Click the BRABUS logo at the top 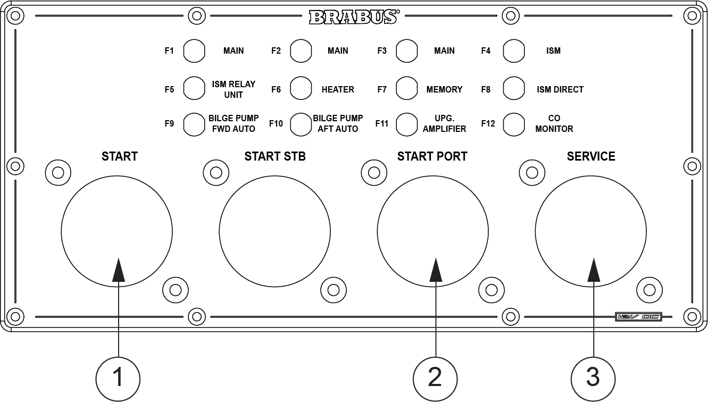(353, 17)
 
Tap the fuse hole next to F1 (194, 51)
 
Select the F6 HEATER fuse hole (301, 89)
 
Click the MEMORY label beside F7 (444, 89)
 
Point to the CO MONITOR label (554, 123)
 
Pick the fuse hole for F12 (514, 124)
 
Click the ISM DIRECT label (560, 89)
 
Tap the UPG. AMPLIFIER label (444, 123)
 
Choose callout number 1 (118, 378)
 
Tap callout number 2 (435, 378)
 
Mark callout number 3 (593, 378)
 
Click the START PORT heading (432, 156)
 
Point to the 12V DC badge (638, 316)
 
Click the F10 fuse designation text (276, 124)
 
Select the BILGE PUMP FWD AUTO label (233, 123)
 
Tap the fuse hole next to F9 (194, 124)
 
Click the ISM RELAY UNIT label (233, 89)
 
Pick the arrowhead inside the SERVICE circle (593, 269)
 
